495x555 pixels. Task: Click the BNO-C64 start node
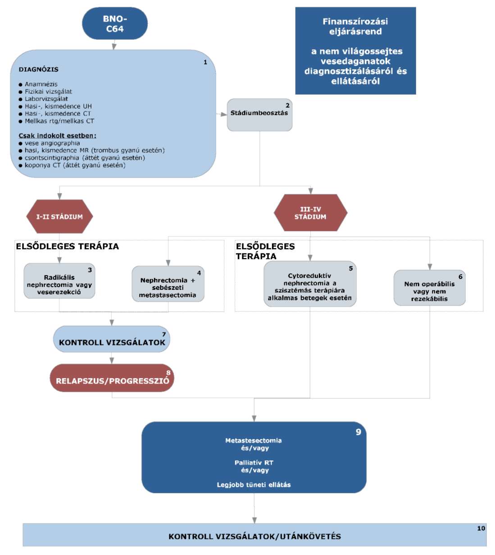coord(115,23)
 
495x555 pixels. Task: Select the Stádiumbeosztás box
coord(259,115)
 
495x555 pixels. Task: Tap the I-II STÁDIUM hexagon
coord(59,216)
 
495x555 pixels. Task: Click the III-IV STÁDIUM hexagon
coord(310,213)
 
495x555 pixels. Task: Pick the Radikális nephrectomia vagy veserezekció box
coord(59,281)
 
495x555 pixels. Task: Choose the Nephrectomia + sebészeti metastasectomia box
coord(168,284)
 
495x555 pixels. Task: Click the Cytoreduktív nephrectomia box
coord(310,284)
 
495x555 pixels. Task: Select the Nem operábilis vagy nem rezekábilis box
coord(429,288)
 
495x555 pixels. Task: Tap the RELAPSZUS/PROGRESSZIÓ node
coord(112,378)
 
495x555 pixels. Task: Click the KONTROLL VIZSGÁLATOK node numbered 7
coord(112,339)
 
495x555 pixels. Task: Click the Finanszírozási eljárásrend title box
coord(355,51)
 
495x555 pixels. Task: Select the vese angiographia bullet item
coord(49,143)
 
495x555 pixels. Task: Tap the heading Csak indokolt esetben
coord(58,136)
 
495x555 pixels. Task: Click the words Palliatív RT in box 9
coord(254,463)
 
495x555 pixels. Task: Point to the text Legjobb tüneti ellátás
coord(254,485)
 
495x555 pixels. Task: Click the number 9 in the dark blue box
coord(358,432)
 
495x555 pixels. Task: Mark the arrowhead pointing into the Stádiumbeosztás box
coord(224,114)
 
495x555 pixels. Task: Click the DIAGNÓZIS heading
coord(39,69)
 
